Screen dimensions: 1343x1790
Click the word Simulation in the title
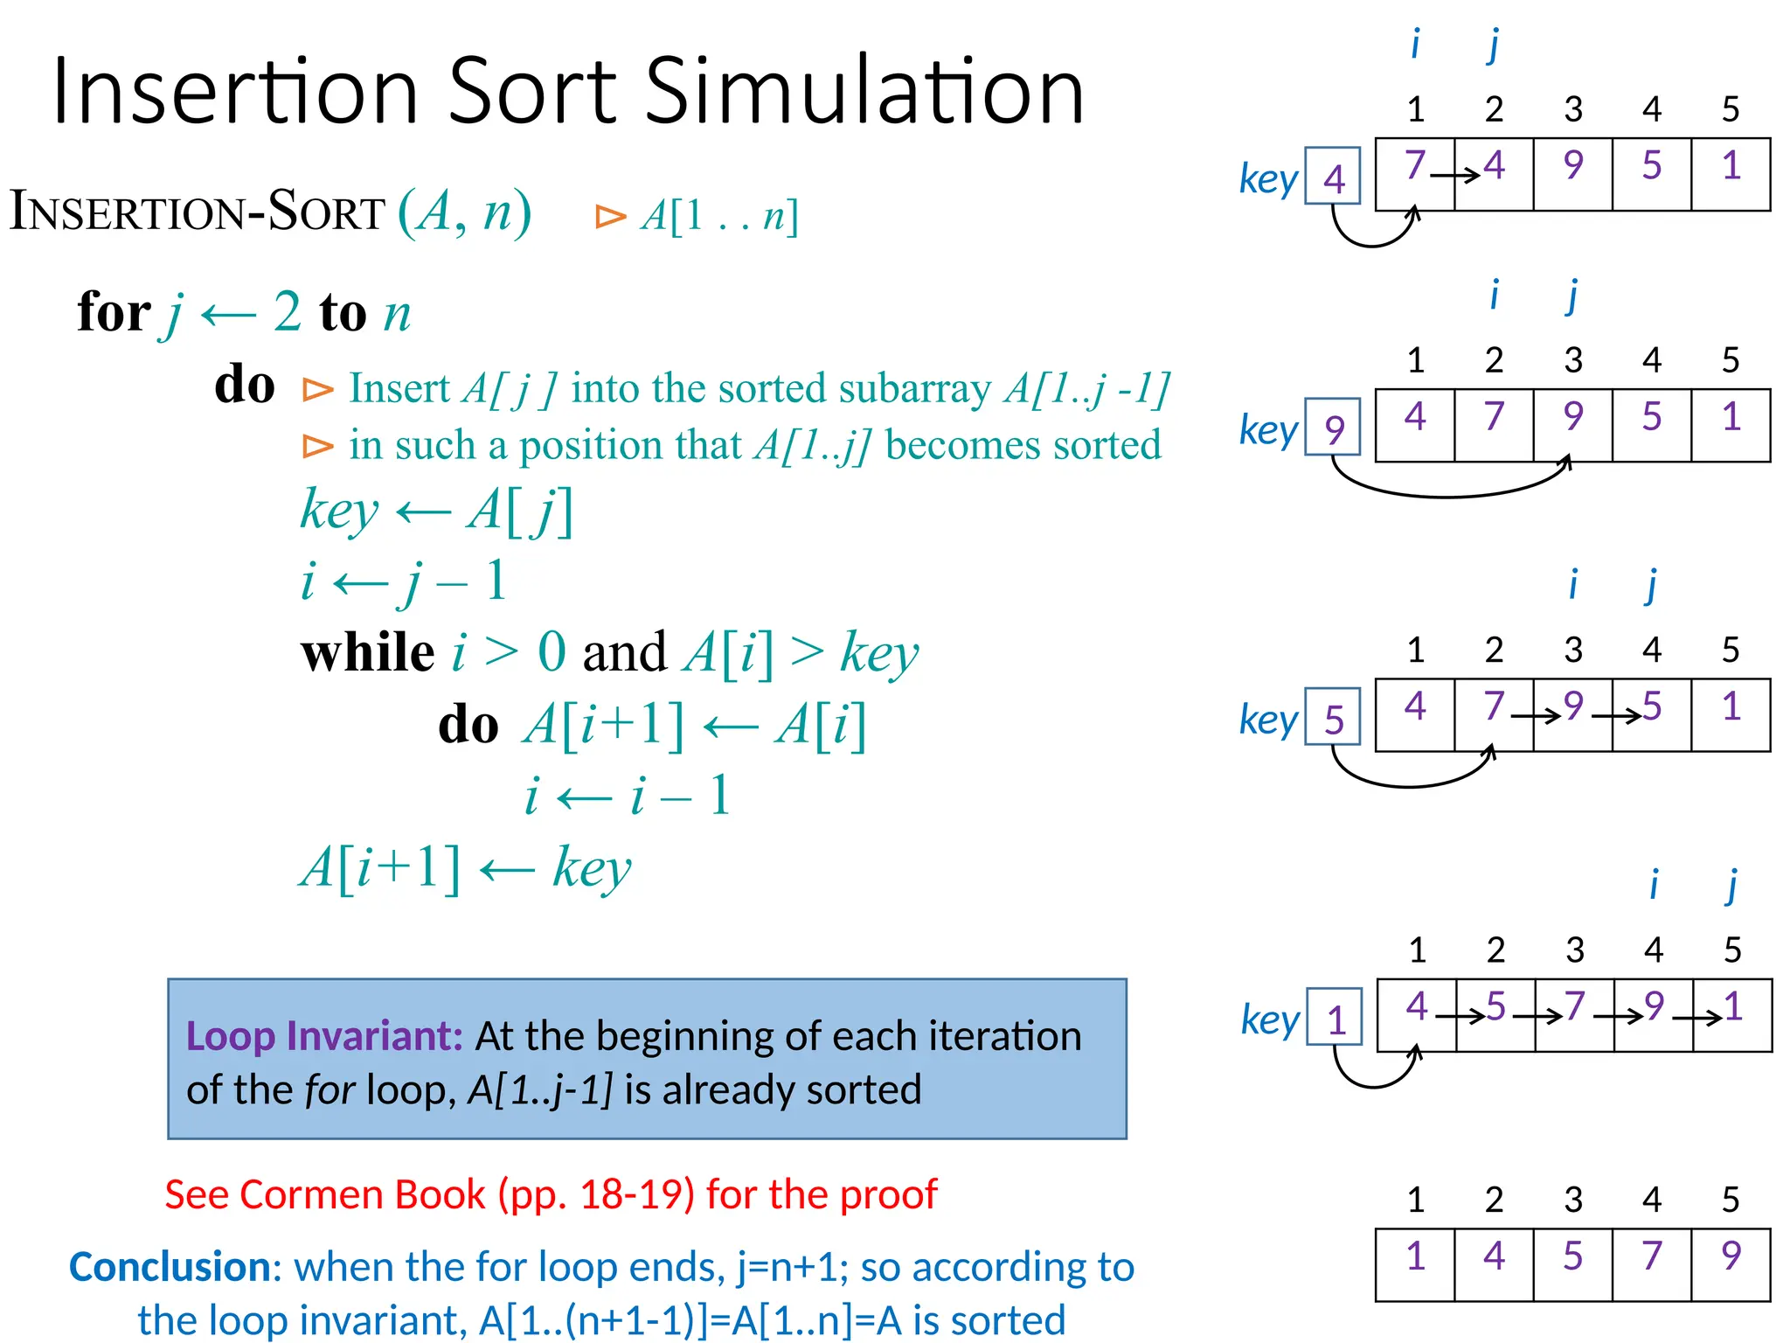tap(865, 91)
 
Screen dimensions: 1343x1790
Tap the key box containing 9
tap(1333, 428)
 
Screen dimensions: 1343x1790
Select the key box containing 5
tap(1333, 718)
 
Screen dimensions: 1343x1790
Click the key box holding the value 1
tap(1335, 1018)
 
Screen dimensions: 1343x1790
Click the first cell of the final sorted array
tap(1415, 1264)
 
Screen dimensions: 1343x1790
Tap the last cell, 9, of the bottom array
tap(1731, 1264)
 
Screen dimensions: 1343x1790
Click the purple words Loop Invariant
tap(324, 1036)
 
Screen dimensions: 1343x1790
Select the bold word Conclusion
tap(170, 1267)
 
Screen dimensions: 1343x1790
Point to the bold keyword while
tap(367, 653)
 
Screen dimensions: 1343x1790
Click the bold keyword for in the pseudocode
tap(114, 312)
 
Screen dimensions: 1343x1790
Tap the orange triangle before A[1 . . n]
tap(611, 216)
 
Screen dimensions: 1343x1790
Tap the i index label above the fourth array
tap(1653, 885)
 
